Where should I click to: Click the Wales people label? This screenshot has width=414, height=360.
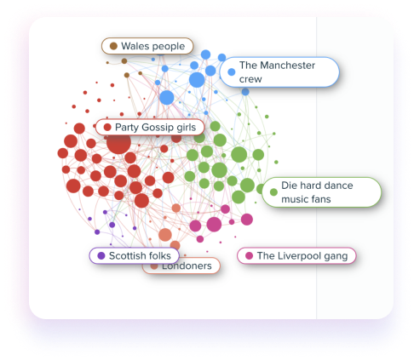tap(147, 46)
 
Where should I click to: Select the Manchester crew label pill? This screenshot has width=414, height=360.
tap(279, 72)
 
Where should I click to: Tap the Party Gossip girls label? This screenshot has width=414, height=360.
tap(150, 127)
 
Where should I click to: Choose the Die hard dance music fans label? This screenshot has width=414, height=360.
tap(321, 192)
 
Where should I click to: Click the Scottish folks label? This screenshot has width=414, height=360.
tap(135, 255)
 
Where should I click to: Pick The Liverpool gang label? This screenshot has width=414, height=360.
tap(296, 255)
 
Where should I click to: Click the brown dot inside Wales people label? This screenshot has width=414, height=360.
tap(113, 46)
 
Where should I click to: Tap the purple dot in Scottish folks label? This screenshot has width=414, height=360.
tap(101, 255)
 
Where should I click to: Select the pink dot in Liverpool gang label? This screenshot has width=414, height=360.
tap(249, 255)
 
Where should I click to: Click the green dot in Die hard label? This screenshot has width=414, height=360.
tap(273, 192)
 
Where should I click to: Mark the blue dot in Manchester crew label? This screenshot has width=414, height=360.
tap(232, 72)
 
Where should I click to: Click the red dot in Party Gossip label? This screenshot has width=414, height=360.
tap(107, 127)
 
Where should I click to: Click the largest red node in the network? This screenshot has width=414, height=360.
tap(118, 143)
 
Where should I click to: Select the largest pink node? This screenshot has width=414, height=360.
tap(214, 225)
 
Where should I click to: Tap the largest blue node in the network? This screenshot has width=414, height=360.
tap(197, 80)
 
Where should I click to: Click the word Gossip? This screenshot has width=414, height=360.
tap(158, 128)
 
